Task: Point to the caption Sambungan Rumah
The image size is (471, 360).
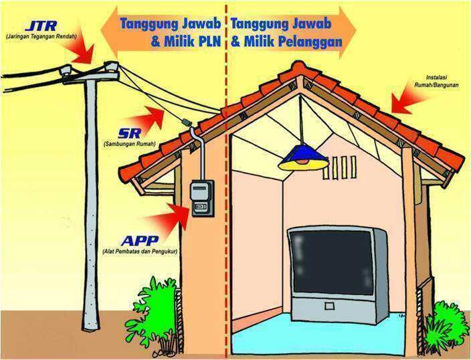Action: pyautogui.click(x=129, y=145)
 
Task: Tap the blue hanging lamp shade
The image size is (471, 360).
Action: pyautogui.click(x=303, y=159)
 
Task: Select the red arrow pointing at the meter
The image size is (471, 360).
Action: pyautogui.click(x=176, y=216)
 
